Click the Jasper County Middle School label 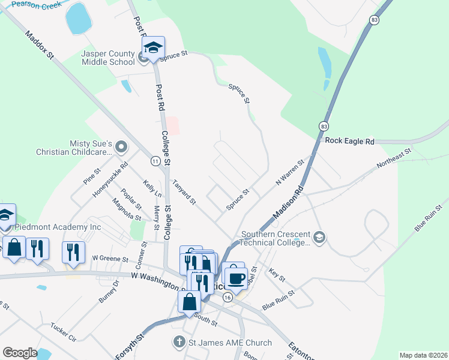click(108, 58)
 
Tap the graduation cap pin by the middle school click(153, 48)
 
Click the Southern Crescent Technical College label click(275, 238)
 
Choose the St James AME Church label click(228, 343)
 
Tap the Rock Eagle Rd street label click(349, 142)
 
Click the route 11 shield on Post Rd click(155, 161)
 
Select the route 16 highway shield click(227, 298)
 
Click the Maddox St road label click(40, 45)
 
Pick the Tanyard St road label click(184, 193)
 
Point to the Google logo click(20, 353)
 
